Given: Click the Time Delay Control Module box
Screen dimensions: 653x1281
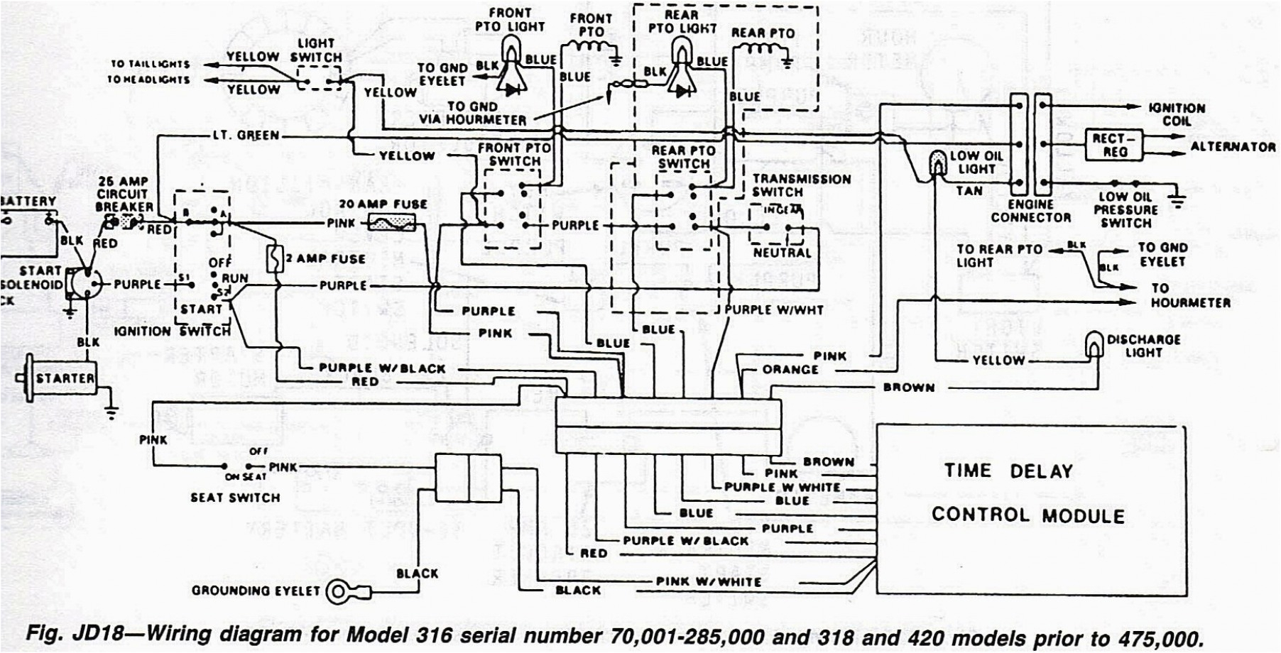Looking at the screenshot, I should [1030, 509].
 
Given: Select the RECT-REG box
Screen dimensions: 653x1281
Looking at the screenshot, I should [1111, 145].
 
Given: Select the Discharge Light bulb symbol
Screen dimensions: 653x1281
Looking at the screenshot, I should [1094, 346].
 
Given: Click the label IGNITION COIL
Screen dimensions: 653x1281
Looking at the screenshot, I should [1176, 114].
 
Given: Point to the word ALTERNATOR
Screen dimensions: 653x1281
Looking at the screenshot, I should [1233, 147].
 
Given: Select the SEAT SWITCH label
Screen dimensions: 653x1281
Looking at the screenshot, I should [235, 498].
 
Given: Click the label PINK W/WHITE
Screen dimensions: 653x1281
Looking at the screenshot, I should [709, 581].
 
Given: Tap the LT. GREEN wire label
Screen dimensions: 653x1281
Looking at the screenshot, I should [246, 135].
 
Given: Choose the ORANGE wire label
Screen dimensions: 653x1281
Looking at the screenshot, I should [790, 369].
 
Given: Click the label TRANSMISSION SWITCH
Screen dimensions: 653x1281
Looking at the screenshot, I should [801, 185].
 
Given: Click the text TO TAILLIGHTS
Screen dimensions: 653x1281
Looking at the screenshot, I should [150, 64].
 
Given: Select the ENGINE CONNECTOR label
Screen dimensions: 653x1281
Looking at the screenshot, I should [1030, 211].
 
